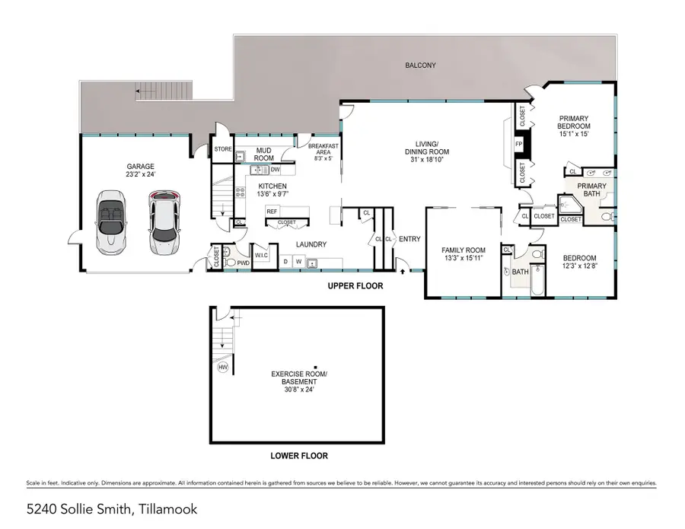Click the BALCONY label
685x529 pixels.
(420, 65)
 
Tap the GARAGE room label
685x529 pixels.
(140, 167)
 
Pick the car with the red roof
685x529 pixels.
(164, 222)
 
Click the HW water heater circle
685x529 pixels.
(223, 367)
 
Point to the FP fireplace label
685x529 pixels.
(519, 143)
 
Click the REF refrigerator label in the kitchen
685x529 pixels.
(272, 212)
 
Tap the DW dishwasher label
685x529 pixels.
(275, 170)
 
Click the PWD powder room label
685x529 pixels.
(243, 263)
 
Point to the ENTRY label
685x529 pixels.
(409, 239)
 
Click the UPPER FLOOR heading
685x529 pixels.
(355, 286)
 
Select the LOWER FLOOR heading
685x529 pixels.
(299, 456)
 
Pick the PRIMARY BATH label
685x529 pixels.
(592, 190)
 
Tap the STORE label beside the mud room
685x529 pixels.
(222, 149)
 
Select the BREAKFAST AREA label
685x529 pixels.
(323, 150)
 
